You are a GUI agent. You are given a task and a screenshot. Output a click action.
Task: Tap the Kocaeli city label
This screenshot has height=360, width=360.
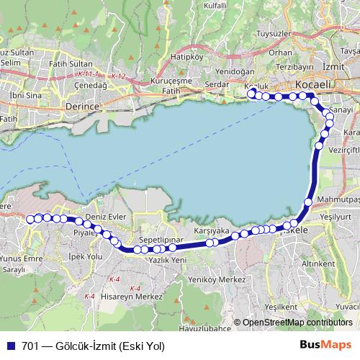[x=312, y=85]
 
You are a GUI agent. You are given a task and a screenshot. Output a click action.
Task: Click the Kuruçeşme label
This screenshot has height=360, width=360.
[x=171, y=82]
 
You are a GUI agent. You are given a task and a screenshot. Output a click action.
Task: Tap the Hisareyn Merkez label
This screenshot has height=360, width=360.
[x=131, y=296]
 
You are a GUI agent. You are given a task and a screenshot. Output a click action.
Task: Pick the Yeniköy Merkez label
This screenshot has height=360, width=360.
[x=211, y=279]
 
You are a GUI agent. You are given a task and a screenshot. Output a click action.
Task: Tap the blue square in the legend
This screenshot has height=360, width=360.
[x=9, y=345]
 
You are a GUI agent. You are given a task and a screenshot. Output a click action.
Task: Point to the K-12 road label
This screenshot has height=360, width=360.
[x=118, y=76]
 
